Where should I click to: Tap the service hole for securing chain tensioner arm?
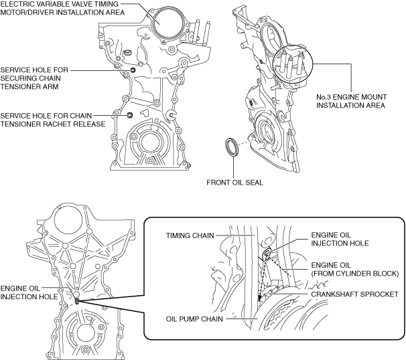point(133,70)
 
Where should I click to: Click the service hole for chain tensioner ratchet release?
point(130,115)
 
